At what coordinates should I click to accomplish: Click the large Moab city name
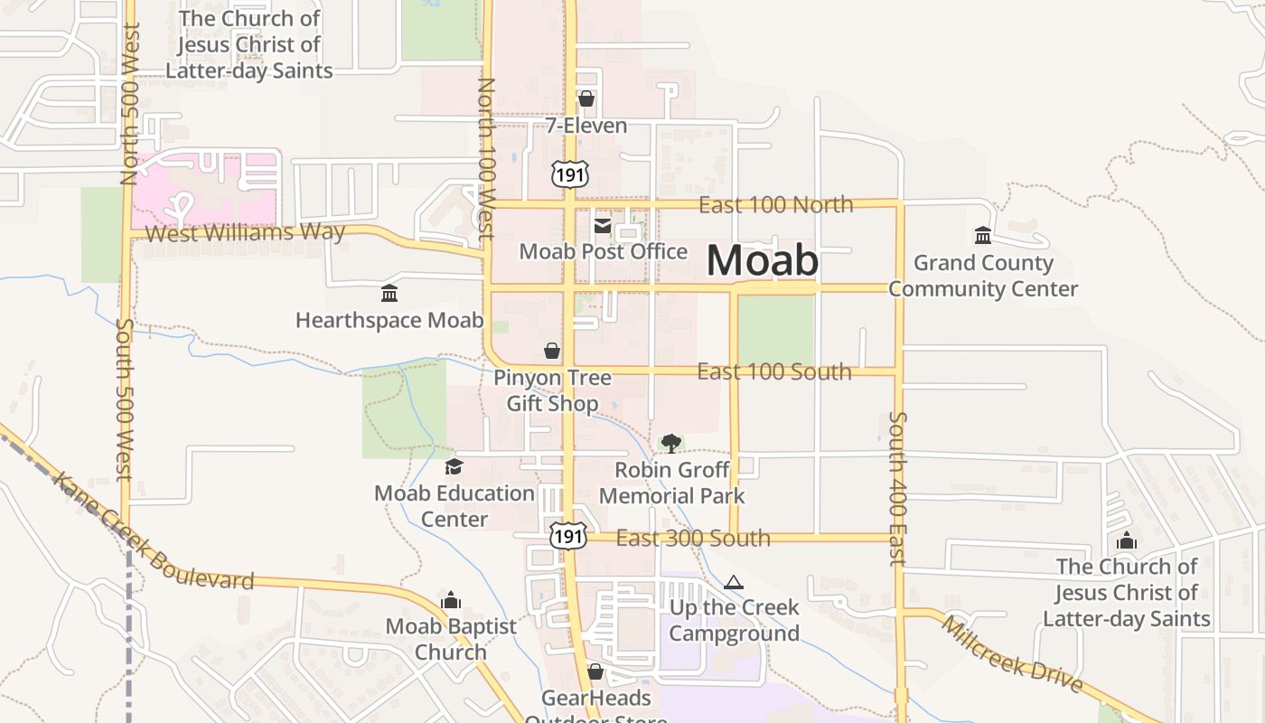762,260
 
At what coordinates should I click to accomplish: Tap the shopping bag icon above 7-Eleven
586,99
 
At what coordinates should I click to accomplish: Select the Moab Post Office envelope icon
603,225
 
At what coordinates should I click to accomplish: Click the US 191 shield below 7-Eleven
569,173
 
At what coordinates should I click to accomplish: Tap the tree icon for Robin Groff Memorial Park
670,443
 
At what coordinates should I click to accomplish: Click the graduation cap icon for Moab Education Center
454,466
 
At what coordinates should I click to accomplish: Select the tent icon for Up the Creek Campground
734,582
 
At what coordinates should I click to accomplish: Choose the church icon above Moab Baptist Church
451,600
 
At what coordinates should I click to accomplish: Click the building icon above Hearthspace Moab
389,294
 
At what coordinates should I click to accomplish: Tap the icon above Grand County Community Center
983,236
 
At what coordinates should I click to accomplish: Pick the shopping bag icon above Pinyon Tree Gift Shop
552,351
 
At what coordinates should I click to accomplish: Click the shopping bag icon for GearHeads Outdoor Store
595,671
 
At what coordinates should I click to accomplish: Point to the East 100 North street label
775,204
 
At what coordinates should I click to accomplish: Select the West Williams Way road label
245,232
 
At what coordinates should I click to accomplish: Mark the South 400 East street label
897,488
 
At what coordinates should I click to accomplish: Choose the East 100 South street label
773,371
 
